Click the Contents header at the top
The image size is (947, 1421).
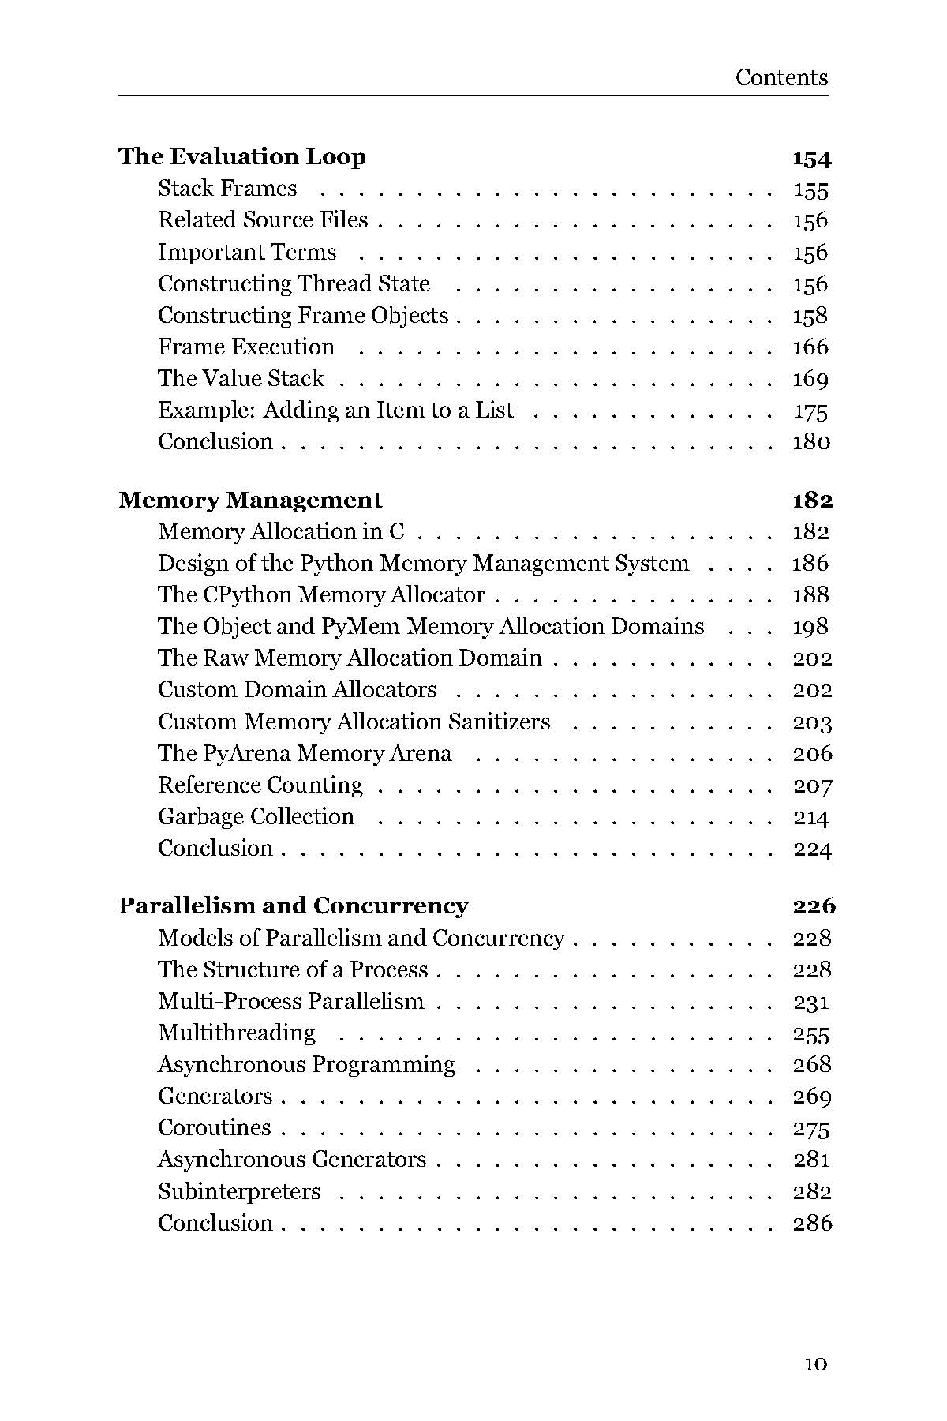[781, 77]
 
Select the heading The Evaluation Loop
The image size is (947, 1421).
[242, 156]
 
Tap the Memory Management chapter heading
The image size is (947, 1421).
[250, 500]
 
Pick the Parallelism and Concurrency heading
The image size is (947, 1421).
[294, 905]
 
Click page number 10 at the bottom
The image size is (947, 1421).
[815, 1363]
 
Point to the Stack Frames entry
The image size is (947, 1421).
[227, 188]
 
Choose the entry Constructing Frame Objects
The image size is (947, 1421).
[303, 315]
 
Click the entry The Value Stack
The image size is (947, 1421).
[241, 378]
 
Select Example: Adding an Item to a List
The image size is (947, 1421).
[335, 410]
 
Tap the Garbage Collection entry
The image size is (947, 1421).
[256, 816]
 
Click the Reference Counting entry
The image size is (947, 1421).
[260, 785]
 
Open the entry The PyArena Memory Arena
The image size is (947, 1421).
[305, 753]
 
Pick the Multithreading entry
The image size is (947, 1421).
[237, 1033]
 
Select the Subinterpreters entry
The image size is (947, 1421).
[239, 1191]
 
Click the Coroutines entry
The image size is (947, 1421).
[215, 1127]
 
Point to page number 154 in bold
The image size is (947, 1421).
[812, 158]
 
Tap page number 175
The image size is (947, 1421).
[810, 411]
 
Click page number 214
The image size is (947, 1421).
[810, 817]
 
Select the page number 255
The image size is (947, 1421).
[811, 1034]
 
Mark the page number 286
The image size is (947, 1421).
[812, 1223]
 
